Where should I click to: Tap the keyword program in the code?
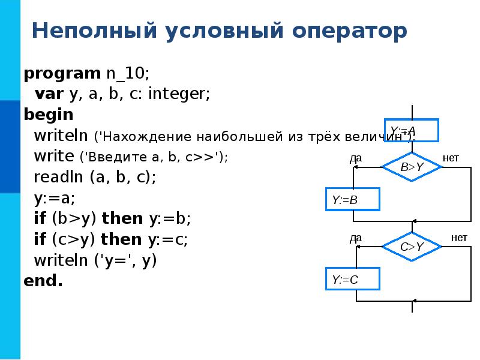(x=62, y=74)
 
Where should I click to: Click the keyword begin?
(x=49, y=115)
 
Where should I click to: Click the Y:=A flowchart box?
(x=412, y=130)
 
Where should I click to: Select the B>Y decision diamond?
(x=412, y=166)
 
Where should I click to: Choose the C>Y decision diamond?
(x=412, y=246)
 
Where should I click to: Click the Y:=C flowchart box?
(x=352, y=279)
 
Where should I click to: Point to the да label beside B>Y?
(x=355, y=158)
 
